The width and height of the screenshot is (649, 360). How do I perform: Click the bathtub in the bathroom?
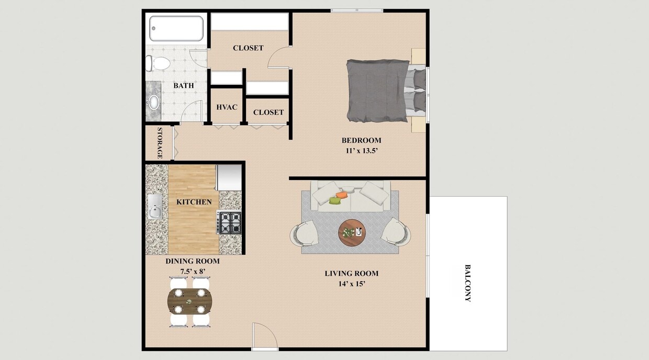(x=176, y=28)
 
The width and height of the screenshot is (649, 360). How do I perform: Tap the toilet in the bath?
(x=159, y=64)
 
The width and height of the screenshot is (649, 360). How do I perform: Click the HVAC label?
(x=227, y=107)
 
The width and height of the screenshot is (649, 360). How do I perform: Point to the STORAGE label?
(x=159, y=143)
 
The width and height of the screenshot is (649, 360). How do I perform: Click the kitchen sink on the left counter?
(x=155, y=207)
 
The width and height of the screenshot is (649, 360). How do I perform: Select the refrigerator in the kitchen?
(x=229, y=178)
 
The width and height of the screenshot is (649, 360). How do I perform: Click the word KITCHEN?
(x=194, y=202)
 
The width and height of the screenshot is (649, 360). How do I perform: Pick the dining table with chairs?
(x=189, y=301)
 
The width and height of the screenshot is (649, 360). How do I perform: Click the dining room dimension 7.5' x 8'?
(x=192, y=271)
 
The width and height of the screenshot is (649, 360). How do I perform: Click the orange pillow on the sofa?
(x=341, y=195)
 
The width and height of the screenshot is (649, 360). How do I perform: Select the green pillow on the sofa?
(x=335, y=200)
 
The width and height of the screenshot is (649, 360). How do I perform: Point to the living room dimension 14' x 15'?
(x=351, y=284)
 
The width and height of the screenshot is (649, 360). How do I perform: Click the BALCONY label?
(x=467, y=283)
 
